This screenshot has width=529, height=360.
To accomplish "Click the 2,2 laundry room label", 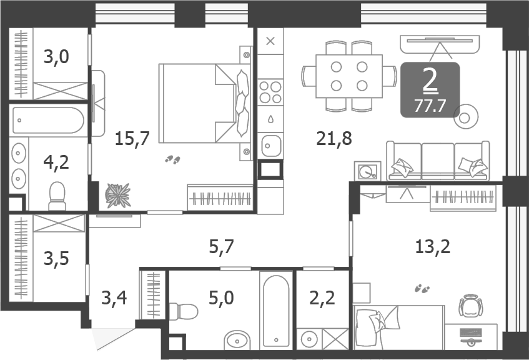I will pos(322,297).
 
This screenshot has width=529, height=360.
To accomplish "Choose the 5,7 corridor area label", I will pos(220,247).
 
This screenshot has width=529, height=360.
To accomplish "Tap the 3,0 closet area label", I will pos(56,57).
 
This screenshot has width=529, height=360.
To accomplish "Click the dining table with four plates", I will pos(349,76).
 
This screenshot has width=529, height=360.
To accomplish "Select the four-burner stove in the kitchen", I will pos(270,92).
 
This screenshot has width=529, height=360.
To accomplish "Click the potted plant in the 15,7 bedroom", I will pos(117,195).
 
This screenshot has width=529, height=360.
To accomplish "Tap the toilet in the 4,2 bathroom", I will pos(57,196).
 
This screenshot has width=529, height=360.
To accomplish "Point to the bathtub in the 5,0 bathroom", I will pos(276,309).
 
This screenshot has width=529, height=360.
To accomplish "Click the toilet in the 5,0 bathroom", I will pos(183,311).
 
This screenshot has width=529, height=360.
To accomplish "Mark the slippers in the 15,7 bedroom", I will pos(172,161).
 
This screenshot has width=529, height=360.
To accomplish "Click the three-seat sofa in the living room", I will pos(437,161).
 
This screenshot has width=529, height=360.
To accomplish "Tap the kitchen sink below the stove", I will pos(270,146).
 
